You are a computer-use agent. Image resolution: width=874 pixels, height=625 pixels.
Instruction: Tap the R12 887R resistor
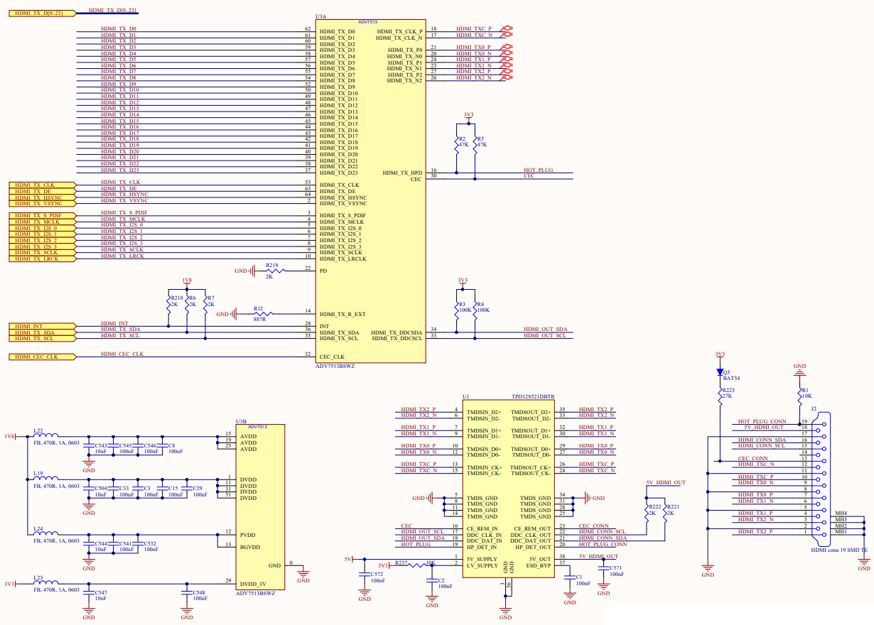click(x=259, y=314)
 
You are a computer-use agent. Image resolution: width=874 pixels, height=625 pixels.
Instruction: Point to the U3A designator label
click(x=320, y=16)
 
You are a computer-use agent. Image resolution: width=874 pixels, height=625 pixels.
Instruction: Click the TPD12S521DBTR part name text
click(x=532, y=397)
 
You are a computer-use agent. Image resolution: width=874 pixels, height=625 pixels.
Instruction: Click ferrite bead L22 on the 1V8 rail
click(x=46, y=436)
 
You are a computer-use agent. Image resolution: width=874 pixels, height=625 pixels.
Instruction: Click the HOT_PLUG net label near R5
click(x=538, y=170)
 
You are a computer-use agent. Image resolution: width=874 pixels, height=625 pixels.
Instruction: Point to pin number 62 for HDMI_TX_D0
click(x=308, y=29)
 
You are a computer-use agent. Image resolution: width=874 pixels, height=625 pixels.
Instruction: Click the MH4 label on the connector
click(x=841, y=513)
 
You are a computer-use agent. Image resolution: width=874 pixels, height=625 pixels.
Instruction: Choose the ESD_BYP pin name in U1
click(x=538, y=565)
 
